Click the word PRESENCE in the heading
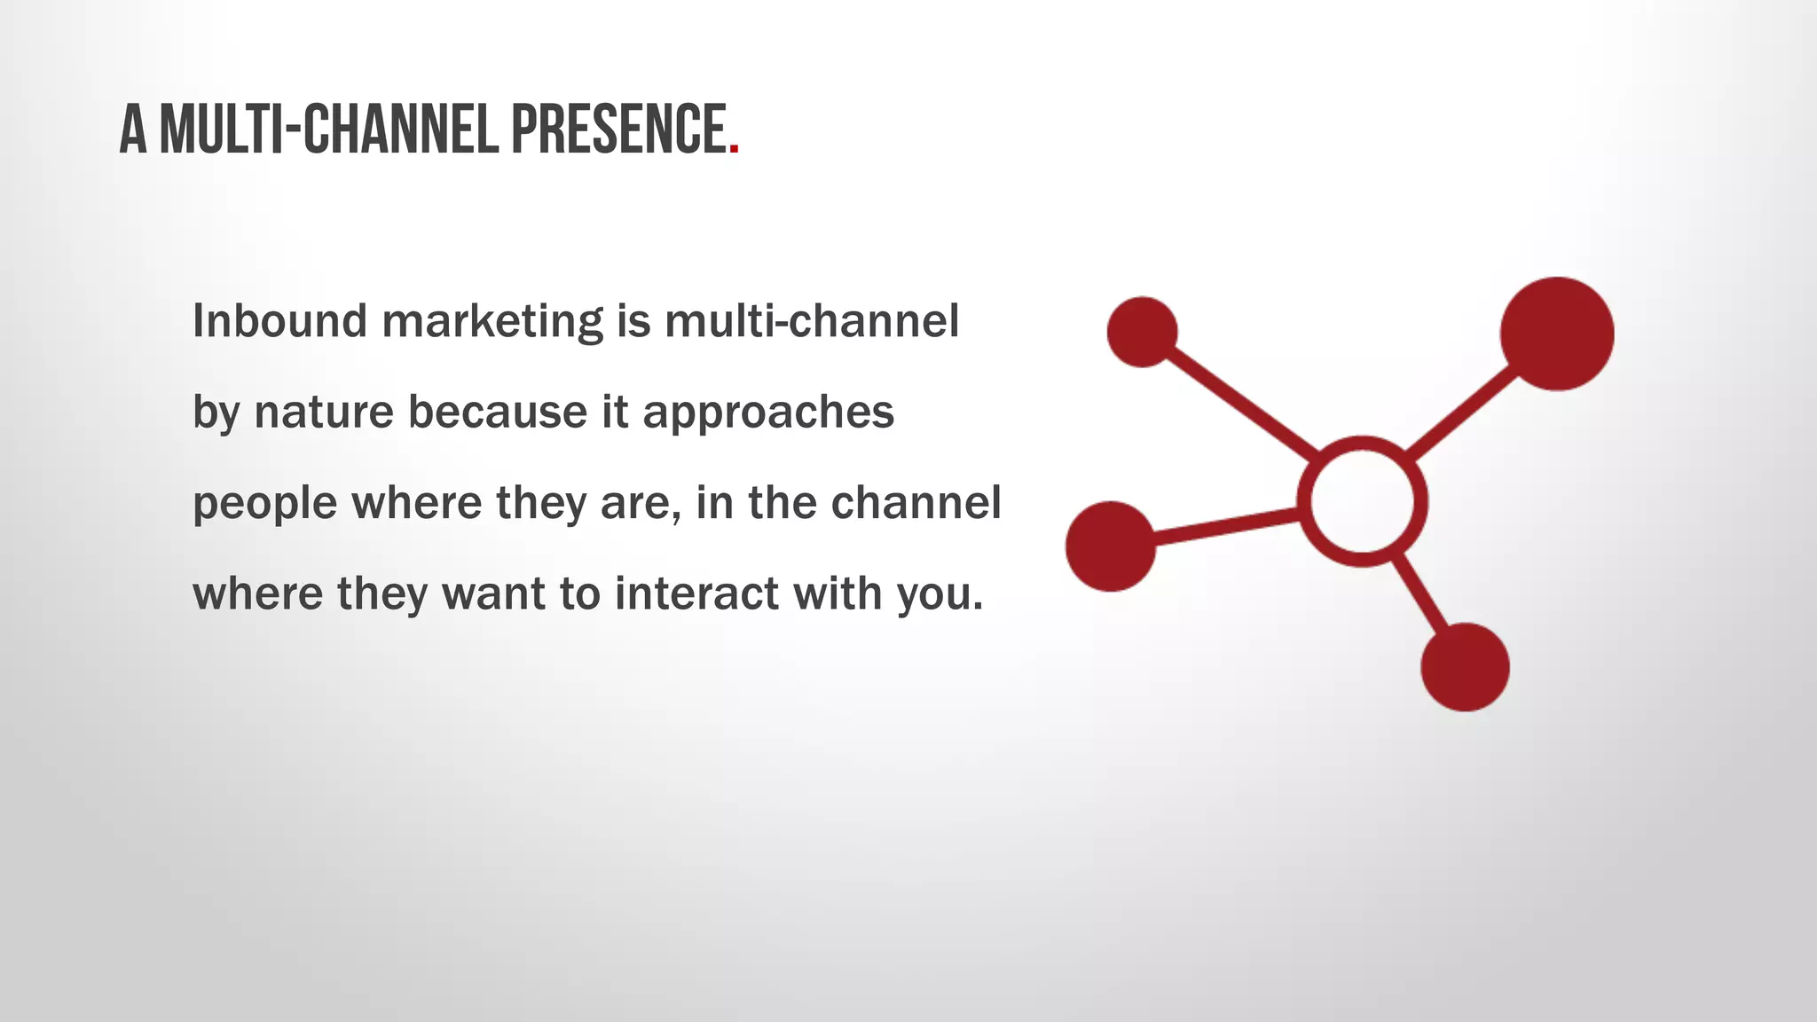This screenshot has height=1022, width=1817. pos(618,130)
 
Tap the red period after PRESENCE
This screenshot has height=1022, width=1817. pos(734,151)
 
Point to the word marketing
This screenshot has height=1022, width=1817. pos(492,322)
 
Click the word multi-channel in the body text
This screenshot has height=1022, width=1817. pos(811,320)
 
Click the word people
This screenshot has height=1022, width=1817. pos(264,504)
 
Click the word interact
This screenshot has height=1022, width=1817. pos(696,594)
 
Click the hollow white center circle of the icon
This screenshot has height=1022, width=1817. pos(1362,501)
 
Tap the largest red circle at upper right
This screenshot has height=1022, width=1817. pos(1556,334)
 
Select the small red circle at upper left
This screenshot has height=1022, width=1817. pos(1143,332)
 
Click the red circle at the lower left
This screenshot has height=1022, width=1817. pos(1111,546)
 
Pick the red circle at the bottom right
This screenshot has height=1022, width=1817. pos(1465,667)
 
